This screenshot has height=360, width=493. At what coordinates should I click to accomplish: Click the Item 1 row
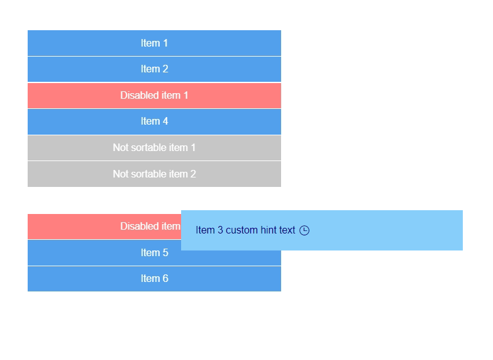coord(154,43)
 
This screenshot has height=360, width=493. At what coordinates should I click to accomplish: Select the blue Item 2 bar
coord(154,69)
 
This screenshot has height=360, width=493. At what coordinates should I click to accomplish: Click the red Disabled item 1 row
coord(154,96)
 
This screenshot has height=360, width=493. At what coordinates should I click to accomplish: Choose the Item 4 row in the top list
coord(154,121)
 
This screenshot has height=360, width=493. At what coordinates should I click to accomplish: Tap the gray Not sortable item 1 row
coord(154,148)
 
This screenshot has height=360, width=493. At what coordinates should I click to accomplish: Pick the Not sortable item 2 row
coord(154,174)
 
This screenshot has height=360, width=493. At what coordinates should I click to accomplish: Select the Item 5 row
coord(154,252)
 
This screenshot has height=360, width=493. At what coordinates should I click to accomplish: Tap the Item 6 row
coord(154,279)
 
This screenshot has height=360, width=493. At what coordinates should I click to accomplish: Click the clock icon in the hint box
coord(304,230)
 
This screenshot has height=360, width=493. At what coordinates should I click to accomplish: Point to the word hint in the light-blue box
coord(269,230)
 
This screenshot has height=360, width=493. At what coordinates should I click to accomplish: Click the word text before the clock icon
coord(287,230)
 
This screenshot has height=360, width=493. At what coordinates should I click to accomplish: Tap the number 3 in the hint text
coord(220,230)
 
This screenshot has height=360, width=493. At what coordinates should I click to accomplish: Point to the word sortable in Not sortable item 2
coord(149,174)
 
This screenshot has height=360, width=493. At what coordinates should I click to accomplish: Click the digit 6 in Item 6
coord(165,279)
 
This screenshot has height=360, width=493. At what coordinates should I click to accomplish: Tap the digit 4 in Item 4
coord(165,121)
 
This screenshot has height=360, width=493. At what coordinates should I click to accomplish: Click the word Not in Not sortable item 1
coord(121,148)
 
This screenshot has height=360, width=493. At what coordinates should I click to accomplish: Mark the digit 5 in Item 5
coord(165,252)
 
